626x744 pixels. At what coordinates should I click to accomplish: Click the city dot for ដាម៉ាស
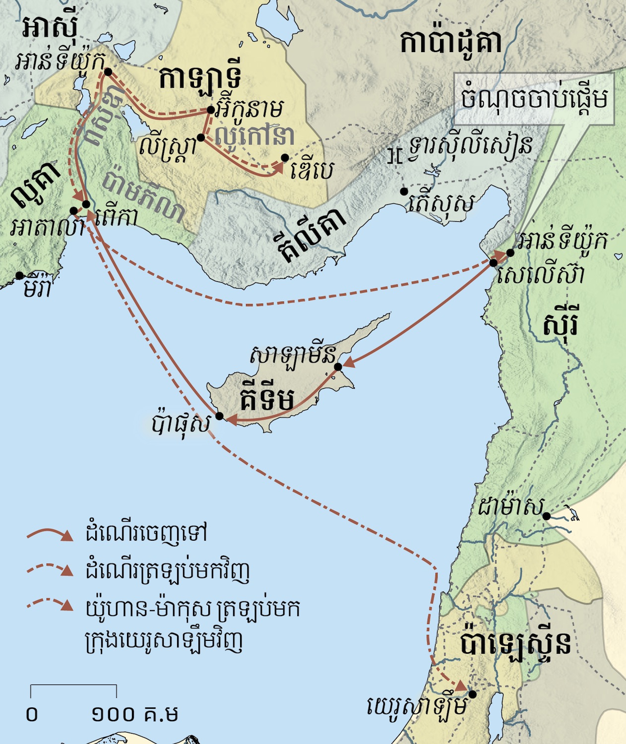coord(546,516)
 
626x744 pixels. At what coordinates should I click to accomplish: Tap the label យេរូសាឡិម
coord(417,707)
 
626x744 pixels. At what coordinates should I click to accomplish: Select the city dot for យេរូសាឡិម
coord(473,694)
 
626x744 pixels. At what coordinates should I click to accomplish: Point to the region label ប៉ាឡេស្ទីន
coord(516,643)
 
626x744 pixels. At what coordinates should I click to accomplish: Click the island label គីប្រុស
coord(267,398)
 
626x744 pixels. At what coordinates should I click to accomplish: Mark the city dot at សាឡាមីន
coord(338,367)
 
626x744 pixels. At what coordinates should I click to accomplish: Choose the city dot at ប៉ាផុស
coord(219,416)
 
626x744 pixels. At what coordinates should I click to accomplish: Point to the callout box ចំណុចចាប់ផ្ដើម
coord(534,99)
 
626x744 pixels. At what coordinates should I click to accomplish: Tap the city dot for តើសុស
coord(404,191)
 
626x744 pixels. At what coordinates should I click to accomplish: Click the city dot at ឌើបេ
coord(285,158)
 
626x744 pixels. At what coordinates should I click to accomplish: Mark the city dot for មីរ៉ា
coord(19,275)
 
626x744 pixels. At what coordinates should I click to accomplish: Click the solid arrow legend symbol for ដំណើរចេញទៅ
coord(50,534)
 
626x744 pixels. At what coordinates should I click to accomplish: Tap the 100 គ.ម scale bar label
coord(134,714)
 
